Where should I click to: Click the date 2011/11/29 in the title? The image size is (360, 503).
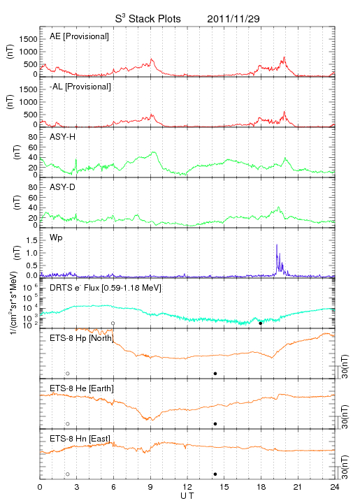[233, 19]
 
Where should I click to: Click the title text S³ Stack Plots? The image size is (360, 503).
[148, 19]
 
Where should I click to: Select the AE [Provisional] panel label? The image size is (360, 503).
[79, 36]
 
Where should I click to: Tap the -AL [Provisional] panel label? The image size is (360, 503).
[80, 87]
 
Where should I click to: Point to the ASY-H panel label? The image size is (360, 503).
[63, 137]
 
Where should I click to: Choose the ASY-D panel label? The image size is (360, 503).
[62, 187]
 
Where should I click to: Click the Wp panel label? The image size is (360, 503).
[56, 238]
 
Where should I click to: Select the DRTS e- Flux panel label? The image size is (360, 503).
[106, 288]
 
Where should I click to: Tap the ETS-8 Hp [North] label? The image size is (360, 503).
[82, 338]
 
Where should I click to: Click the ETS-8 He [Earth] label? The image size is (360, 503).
[82, 388]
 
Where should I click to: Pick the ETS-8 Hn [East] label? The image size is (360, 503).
[80, 439]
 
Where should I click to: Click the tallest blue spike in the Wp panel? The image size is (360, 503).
[277, 245]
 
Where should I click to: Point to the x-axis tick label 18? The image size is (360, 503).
[261, 487]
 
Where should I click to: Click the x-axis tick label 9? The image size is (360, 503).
[150, 487]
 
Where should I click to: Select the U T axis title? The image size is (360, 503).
[187, 496]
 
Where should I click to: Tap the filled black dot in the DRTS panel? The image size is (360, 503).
[261, 323]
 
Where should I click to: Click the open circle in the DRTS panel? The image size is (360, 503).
[113, 323]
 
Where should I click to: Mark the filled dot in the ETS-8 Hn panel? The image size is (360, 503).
[215, 474]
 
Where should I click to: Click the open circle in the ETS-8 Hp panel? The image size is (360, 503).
[68, 374]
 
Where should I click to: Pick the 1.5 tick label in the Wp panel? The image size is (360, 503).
[32, 240]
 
